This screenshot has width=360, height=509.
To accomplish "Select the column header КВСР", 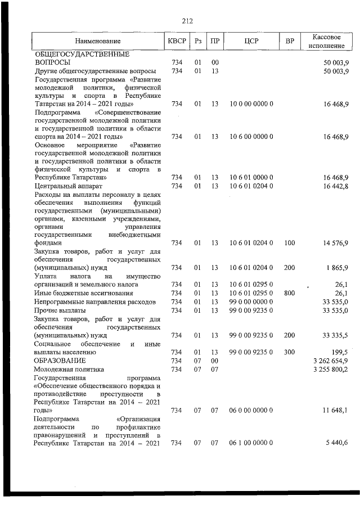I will (x=175, y=41).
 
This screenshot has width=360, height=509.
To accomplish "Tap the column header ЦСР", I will (x=251, y=41).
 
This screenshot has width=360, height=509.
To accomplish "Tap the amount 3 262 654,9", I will (x=331, y=360).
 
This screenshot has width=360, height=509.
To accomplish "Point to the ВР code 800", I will (x=290, y=292).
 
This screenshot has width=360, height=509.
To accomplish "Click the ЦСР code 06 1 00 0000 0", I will (x=251, y=443).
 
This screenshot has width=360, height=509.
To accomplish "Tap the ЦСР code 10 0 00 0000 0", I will (x=251, y=104).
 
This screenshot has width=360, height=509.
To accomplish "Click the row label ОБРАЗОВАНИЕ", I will (x=60, y=360).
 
